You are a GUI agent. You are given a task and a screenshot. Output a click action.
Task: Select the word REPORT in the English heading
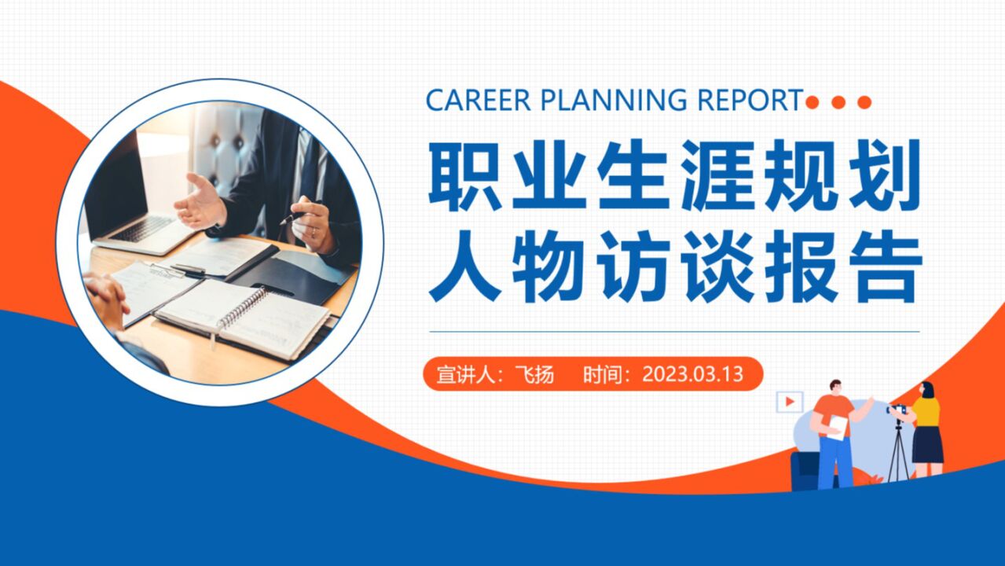(750, 101)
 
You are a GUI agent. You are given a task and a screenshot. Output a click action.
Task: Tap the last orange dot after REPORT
(864, 102)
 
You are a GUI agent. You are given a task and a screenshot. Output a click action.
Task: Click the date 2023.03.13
(692, 373)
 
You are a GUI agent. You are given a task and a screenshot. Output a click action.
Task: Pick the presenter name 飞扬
(534, 374)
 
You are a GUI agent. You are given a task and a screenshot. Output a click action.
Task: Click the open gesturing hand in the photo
(200, 203)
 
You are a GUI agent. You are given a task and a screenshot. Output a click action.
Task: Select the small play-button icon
(789, 402)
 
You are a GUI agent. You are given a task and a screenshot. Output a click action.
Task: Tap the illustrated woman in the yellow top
(927, 428)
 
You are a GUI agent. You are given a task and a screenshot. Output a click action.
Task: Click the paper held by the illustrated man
(838, 427)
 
